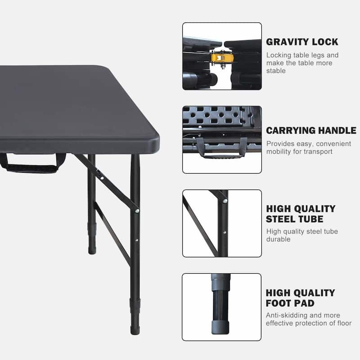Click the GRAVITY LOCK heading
[302, 42]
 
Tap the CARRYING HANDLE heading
[311, 130]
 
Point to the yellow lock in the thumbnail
[218, 58]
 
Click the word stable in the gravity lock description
[276, 71]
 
